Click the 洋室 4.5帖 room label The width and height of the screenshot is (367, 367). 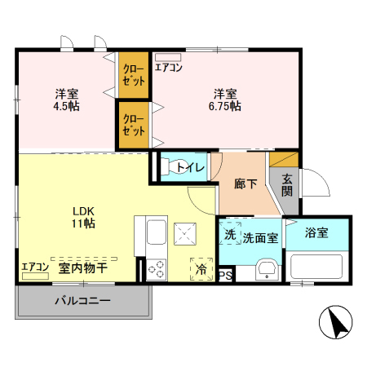[67, 99]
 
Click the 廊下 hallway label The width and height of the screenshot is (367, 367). [245, 183]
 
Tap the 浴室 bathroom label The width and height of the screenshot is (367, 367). [317, 232]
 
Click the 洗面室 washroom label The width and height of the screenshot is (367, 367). [261, 237]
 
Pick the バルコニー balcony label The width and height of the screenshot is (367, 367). [82, 301]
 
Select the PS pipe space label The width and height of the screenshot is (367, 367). [225, 275]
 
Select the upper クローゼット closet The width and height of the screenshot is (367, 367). [135, 75]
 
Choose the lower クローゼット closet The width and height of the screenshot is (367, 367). [135, 124]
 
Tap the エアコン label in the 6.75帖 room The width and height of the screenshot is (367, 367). [169, 68]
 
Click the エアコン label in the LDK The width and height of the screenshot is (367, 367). [35, 267]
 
